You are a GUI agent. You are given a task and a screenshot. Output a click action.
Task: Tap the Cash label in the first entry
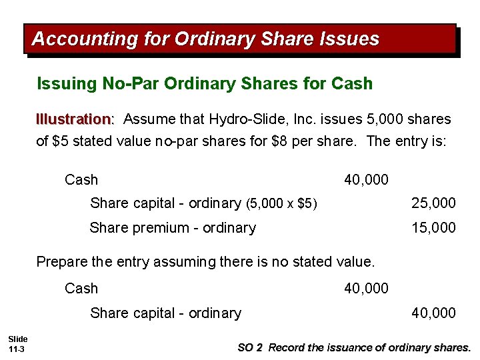click(x=81, y=180)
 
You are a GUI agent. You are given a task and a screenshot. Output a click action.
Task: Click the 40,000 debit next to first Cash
click(x=366, y=180)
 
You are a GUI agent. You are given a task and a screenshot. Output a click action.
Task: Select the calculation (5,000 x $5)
click(x=281, y=203)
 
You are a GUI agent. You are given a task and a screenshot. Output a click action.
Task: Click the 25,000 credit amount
click(x=433, y=203)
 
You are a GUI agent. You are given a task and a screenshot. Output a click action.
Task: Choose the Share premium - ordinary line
click(x=173, y=228)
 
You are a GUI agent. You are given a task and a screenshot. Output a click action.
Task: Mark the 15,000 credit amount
click(x=433, y=228)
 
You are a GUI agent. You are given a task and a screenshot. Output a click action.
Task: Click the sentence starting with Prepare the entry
click(x=205, y=262)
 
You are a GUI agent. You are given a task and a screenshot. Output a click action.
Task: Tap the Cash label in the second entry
click(x=81, y=289)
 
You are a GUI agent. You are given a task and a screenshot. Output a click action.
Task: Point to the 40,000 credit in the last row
click(x=433, y=313)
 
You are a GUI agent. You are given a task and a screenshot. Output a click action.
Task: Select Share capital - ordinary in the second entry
click(x=165, y=313)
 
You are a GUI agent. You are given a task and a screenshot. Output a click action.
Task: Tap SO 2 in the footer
click(x=251, y=348)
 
